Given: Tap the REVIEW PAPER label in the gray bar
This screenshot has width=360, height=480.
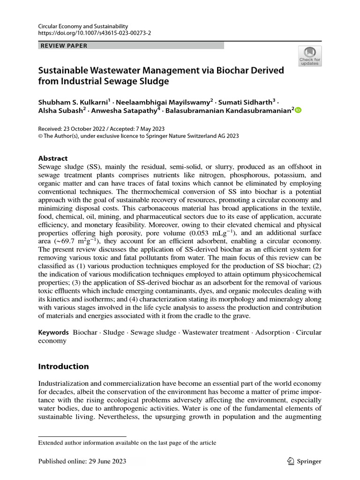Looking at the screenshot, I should tap(64, 45).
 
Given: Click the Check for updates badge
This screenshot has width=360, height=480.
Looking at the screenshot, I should tap(310, 56).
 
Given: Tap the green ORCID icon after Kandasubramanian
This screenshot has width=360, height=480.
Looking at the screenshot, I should tap(298, 110).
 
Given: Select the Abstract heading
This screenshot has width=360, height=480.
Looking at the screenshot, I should tap(53, 158).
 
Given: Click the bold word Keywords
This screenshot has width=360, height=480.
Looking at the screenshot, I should tap(53, 332).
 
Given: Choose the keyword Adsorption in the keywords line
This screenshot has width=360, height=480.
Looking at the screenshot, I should tap(274, 332).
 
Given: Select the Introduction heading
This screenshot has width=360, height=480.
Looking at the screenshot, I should tap(63, 366).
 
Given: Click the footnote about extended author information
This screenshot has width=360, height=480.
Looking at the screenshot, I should tap(127, 442).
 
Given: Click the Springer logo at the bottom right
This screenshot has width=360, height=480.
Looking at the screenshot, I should tap(303, 461).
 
